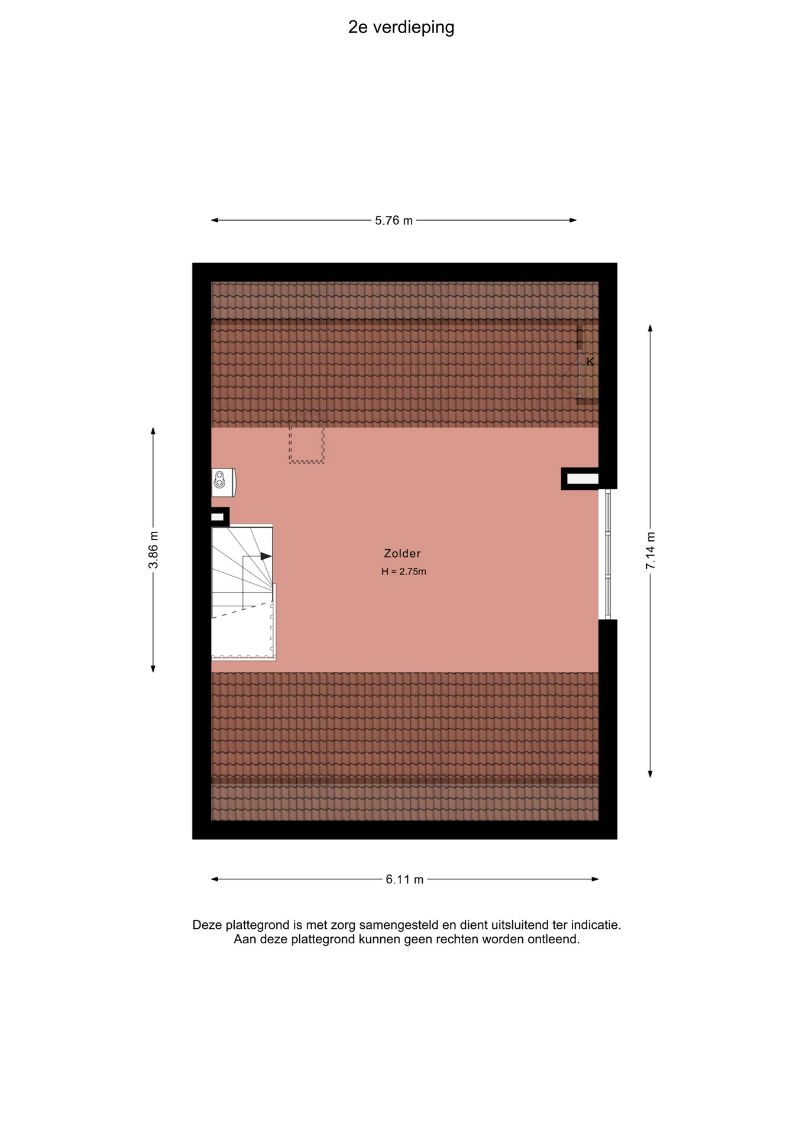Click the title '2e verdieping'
coord(401,28)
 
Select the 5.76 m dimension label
coord(394,221)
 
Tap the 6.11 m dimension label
coord(404,880)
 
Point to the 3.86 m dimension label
coord(153,550)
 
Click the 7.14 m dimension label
coord(650,551)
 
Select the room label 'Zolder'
coord(402,554)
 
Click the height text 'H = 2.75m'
coord(404,572)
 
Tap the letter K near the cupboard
coord(590,362)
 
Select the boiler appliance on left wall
coord(224,482)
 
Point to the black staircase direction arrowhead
coord(266,556)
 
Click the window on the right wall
coord(607,554)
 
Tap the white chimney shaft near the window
coord(579,479)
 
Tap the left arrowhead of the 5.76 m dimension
coord(215,221)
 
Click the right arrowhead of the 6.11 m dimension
coord(595,879)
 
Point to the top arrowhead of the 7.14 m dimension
coord(650,328)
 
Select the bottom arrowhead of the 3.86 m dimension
coord(153,669)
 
